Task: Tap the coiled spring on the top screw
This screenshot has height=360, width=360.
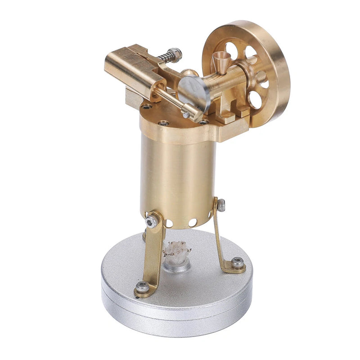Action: [x=166, y=58]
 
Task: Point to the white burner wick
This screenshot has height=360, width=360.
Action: [x=177, y=250]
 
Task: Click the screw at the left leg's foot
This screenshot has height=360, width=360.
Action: [x=142, y=287]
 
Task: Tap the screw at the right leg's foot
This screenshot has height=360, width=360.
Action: [x=237, y=262]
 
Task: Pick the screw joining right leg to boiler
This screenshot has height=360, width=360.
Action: [x=221, y=205]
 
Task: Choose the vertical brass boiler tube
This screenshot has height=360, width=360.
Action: [x=178, y=175]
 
